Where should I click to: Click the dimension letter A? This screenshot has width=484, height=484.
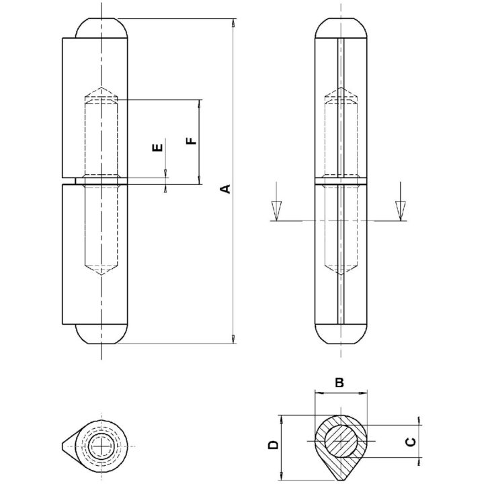[x=227, y=189]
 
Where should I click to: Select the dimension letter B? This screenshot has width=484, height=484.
[x=339, y=382]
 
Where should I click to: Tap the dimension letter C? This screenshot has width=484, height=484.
[x=410, y=442]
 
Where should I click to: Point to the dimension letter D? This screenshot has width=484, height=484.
[x=274, y=444]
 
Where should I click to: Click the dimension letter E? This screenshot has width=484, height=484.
[x=157, y=147]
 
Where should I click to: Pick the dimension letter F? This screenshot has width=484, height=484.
[x=192, y=141]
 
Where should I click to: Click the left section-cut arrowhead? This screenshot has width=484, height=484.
[x=276, y=210]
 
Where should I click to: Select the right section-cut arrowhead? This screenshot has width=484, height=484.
[x=400, y=210]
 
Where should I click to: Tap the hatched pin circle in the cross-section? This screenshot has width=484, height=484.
[x=341, y=441]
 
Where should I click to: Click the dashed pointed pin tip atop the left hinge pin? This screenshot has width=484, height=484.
[x=101, y=93]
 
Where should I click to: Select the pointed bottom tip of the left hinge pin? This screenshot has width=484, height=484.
[x=101, y=270]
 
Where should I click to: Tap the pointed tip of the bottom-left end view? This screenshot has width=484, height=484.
[x=63, y=446]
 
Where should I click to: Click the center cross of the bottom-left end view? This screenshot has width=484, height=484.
[x=102, y=446]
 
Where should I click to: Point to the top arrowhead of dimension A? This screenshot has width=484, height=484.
[x=234, y=23]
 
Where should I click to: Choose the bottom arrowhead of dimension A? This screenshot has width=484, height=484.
[x=234, y=339]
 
